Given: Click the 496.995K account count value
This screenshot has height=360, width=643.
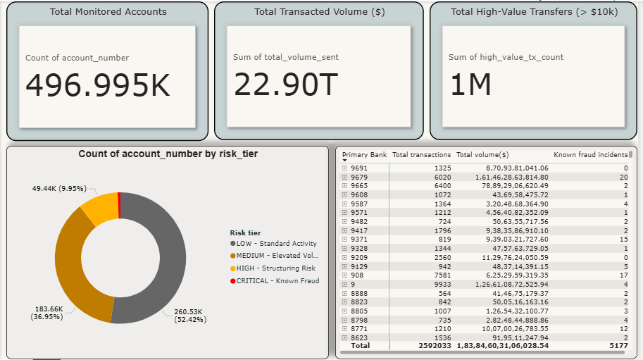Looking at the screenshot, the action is click(x=98, y=85).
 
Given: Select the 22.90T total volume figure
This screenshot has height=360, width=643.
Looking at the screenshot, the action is click(x=286, y=85).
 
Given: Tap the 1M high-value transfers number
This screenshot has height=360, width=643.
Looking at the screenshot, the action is click(x=470, y=85).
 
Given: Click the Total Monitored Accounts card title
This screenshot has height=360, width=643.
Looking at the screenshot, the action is click(x=108, y=12).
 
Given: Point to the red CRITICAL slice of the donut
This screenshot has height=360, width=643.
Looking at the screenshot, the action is click(x=119, y=205).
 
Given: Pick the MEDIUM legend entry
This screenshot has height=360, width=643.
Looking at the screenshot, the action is click(x=275, y=256).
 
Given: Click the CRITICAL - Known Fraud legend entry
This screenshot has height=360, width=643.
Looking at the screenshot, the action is click(x=275, y=281).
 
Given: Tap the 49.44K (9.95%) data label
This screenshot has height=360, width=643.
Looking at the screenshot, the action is click(x=59, y=189).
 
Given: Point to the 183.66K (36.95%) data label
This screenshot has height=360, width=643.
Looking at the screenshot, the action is click(x=47, y=313).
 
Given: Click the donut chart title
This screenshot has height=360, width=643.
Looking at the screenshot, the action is click(x=168, y=154).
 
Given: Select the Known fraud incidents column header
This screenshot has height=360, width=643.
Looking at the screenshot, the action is click(x=590, y=154).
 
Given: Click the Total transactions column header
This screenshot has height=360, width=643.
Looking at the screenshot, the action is click(x=422, y=154).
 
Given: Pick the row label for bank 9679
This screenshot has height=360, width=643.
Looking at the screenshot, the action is click(x=359, y=177).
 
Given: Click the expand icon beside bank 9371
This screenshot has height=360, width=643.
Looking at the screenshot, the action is click(x=344, y=239).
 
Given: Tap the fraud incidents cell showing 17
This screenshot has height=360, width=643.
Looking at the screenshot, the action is click(x=624, y=275).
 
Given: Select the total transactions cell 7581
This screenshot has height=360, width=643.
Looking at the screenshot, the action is click(x=442, y=275).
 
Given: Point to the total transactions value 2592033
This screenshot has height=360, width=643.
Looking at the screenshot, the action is click(x=435, y=346).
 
